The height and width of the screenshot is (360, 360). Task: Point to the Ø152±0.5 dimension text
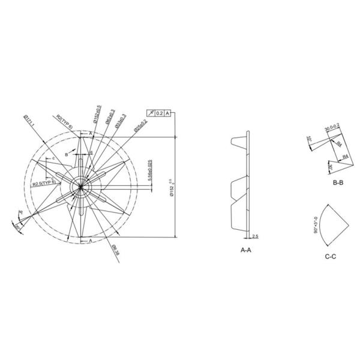pos(97,114)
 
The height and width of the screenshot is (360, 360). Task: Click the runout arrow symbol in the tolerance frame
pos(150,112)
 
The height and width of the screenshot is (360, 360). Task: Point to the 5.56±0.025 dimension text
pos(149,172)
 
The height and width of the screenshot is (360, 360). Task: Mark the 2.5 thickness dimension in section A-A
pos(255,236)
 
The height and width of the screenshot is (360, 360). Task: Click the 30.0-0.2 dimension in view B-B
pos(332,128)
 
